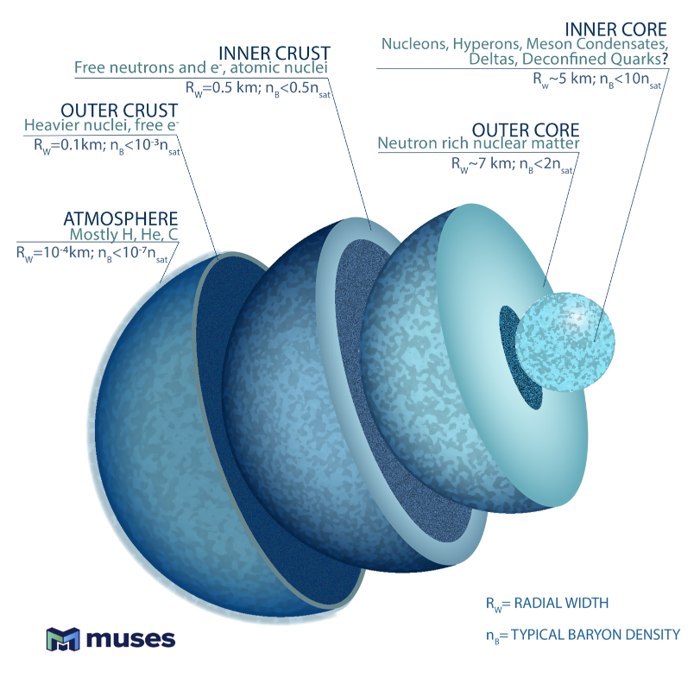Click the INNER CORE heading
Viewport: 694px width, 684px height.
click(x=602, y=28)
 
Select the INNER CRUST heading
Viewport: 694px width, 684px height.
click(x=274, y=51)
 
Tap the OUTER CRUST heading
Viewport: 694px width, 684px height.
click(x=119, y=111)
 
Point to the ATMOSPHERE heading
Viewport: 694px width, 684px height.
click(x=120, y=218)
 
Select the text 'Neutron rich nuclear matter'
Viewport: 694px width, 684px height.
click(x=478, y=143)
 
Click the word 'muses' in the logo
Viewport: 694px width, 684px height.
click(x=130, y=639)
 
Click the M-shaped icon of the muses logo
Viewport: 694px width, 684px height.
click(x=62, y=639)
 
